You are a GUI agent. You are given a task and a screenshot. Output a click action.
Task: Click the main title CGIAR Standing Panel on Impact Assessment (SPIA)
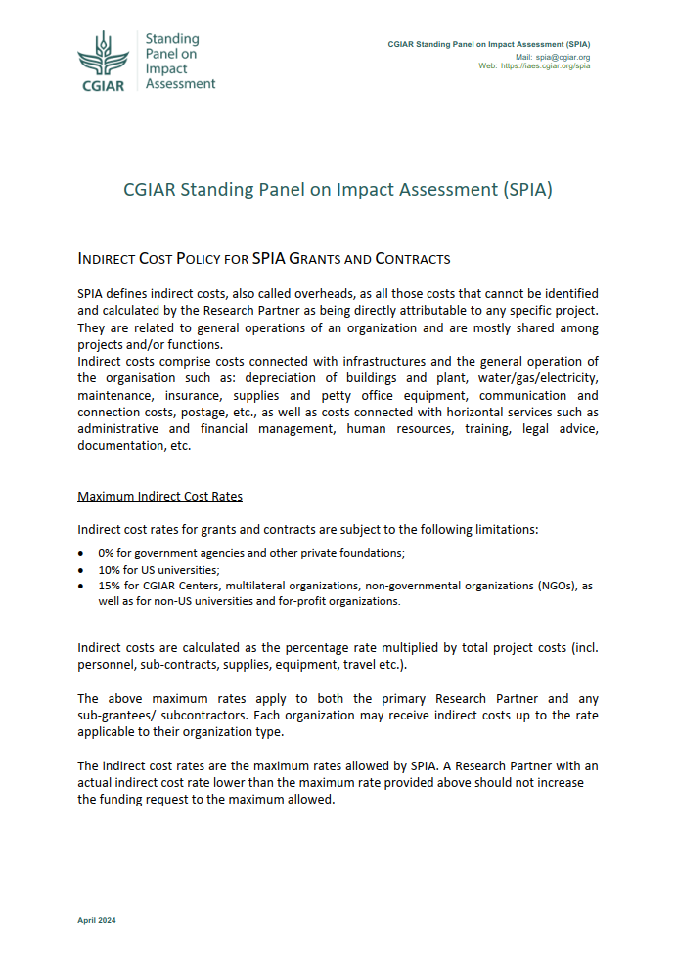click(x=338, y=190)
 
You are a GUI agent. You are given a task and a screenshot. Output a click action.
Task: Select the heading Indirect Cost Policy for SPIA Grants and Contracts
click(x=263, y=259)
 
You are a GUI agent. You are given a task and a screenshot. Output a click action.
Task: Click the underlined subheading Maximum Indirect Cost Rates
click(x=160, y=497)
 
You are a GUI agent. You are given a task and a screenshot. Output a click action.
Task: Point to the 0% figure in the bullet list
click(x=106, y=553)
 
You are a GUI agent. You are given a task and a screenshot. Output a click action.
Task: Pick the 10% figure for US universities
click(x=109, y=569)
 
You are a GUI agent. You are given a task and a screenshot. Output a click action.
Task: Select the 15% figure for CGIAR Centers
click(x=109, y=586)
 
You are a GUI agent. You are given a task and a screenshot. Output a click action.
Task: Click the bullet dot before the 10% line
click(x=81, y=569)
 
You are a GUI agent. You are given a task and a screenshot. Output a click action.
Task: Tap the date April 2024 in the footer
click(x=97, y=920)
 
